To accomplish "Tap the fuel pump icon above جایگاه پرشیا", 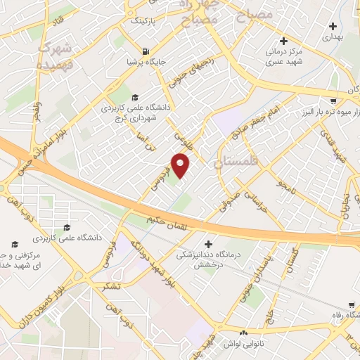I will (x=145, y=51).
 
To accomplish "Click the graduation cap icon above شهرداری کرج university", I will (x=135, y=97).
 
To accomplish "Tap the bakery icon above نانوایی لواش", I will (x=243, y=332).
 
